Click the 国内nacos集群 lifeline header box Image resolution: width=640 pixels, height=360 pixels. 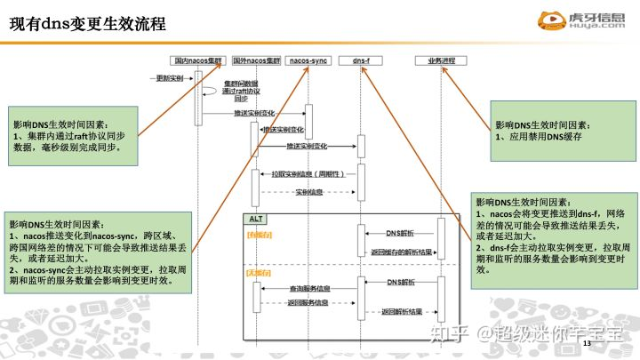pyautogui.click(x=199, y=60)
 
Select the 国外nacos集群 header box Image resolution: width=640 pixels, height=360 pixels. pyautogui.click(x=256, y=60)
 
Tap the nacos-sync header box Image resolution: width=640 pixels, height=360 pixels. pyautogui.click(x=308, y=60)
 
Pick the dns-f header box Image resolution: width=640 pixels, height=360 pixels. pyautogui.click(x=361, y=60)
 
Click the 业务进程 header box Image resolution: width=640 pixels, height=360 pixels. pyautogui.click(x=441, y=60)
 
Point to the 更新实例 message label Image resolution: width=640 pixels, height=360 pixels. pyautogui.click(x=169, y=78)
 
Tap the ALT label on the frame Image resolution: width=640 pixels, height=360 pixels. pyautogui.click(x=256, y=219)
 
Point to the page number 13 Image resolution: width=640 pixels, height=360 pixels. pyautogui.click(x=586, y=343)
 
